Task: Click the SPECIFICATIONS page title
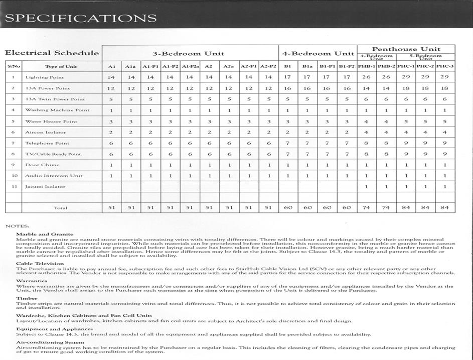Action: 80,18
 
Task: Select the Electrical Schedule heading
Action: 52,53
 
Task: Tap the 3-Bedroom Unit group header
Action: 189,53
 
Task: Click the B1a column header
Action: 307,66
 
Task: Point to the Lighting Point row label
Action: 44,77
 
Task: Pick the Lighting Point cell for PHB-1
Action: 367,77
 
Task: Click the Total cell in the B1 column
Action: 288,207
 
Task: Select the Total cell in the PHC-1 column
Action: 406,207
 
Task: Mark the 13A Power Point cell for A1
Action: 111,88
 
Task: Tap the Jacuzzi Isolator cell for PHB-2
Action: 386,187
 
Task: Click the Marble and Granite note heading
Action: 45,234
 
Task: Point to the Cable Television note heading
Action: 40,263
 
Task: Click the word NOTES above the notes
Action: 17,226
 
